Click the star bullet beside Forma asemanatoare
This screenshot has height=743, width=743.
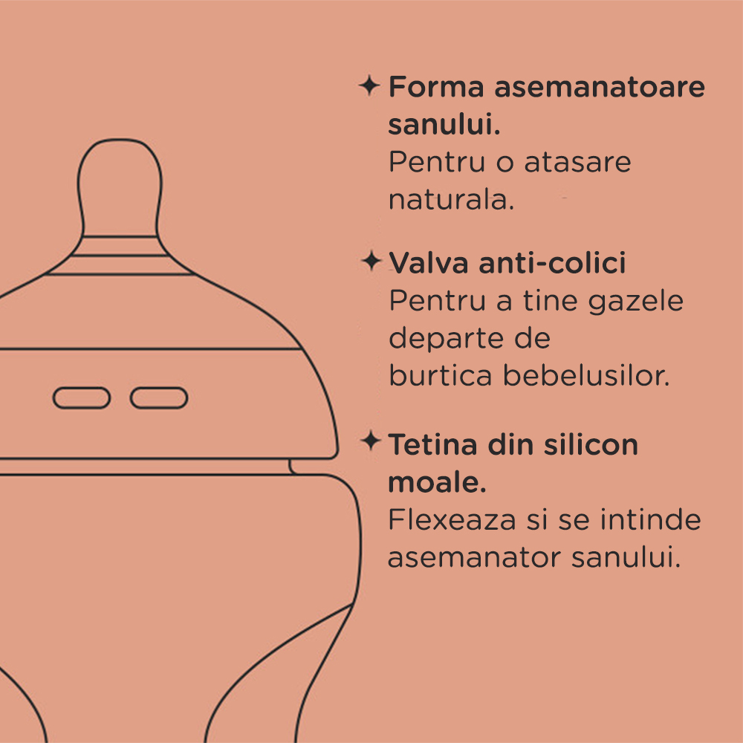coord(369,85)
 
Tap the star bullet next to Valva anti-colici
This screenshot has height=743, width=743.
coord(370,262)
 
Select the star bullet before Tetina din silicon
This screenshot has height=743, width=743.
coord(370,442)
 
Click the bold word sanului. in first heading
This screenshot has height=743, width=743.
coord(444,124)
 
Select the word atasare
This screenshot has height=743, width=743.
coord(577,162)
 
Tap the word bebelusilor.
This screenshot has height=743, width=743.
coord(586,375)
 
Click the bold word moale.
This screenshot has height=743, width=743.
coord(437,483)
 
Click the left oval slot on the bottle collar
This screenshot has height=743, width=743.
coord(82,398)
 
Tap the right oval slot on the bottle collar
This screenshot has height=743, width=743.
coord(159,398)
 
